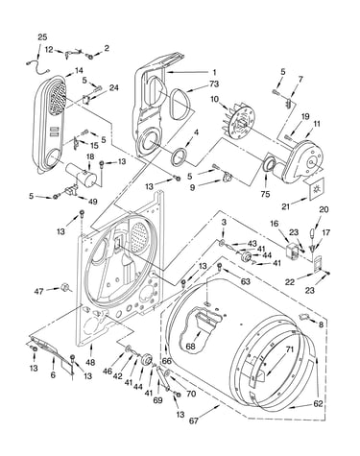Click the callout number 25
pyautogui.click(x=42, y=37)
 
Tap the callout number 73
pyautogui.click(x=214, y=84)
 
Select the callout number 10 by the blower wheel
pyautogui.click(x=214, y=99)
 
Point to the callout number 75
pyautogui.click(x=265, y=194)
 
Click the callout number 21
pyautogui.click(x=286, y=206)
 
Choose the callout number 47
pyautogui.click(x=38, y=291)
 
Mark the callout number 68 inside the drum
pyautogui.click(x=190, y=347)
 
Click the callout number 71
pyautogui.click(x=289, y=349)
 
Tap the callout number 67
pyautogui.click(x=194, y=420)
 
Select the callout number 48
pyautogui.click(x=90, y=362)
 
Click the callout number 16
pyautogui.click(x=274, y=223)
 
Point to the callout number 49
pyautogui.click(x=92, y=202)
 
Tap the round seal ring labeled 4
pyautogui.click(x=180, y=156)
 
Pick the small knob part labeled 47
pyautogui.click(x=65, y=287)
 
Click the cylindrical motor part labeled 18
pyautogui.click(x=82, y=176)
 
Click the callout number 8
pyautogui.click(x=321, y=324)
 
